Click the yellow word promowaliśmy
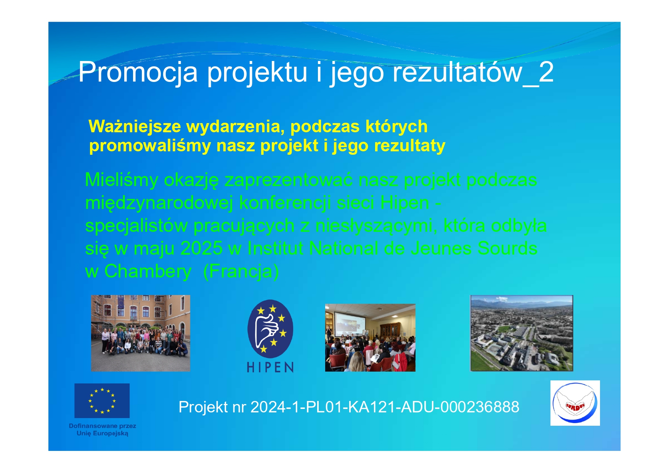(x=150, y=146)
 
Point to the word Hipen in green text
(x=405, y=203)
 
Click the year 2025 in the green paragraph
(x=201, y=249)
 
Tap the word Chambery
(x=148, y=272)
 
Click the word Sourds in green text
(x=507, y=249)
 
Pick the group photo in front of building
(x=140, y=333)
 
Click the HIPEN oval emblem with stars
(x=270, y=328)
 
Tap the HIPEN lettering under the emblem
(x=270, y=367)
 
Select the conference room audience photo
(x=370, y=338)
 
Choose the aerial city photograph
(x=521, y=333)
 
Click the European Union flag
(x=102, y=401)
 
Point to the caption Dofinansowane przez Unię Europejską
(x=103, y=430)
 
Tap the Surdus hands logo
(x=575, y=403)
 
